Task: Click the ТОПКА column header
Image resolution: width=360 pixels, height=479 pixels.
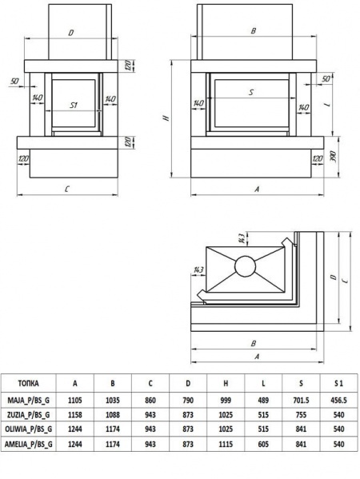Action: (28, 383)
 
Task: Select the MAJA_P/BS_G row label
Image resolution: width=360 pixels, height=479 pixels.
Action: (28, 400)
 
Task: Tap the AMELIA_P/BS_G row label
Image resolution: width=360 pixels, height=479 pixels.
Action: (29, 444)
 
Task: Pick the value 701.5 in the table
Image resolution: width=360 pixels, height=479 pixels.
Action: (301, 400)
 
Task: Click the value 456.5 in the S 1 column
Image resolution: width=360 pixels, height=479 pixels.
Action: (338, 400)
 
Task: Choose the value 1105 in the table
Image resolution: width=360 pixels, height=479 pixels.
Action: (75, 400)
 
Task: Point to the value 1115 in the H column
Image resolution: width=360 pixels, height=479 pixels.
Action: (226, 444)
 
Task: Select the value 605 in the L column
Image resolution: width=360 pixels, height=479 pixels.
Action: (263, 444)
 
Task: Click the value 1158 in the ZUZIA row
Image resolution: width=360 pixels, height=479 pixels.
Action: (75, 415)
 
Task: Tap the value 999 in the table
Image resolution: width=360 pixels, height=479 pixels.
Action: (226, 400)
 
